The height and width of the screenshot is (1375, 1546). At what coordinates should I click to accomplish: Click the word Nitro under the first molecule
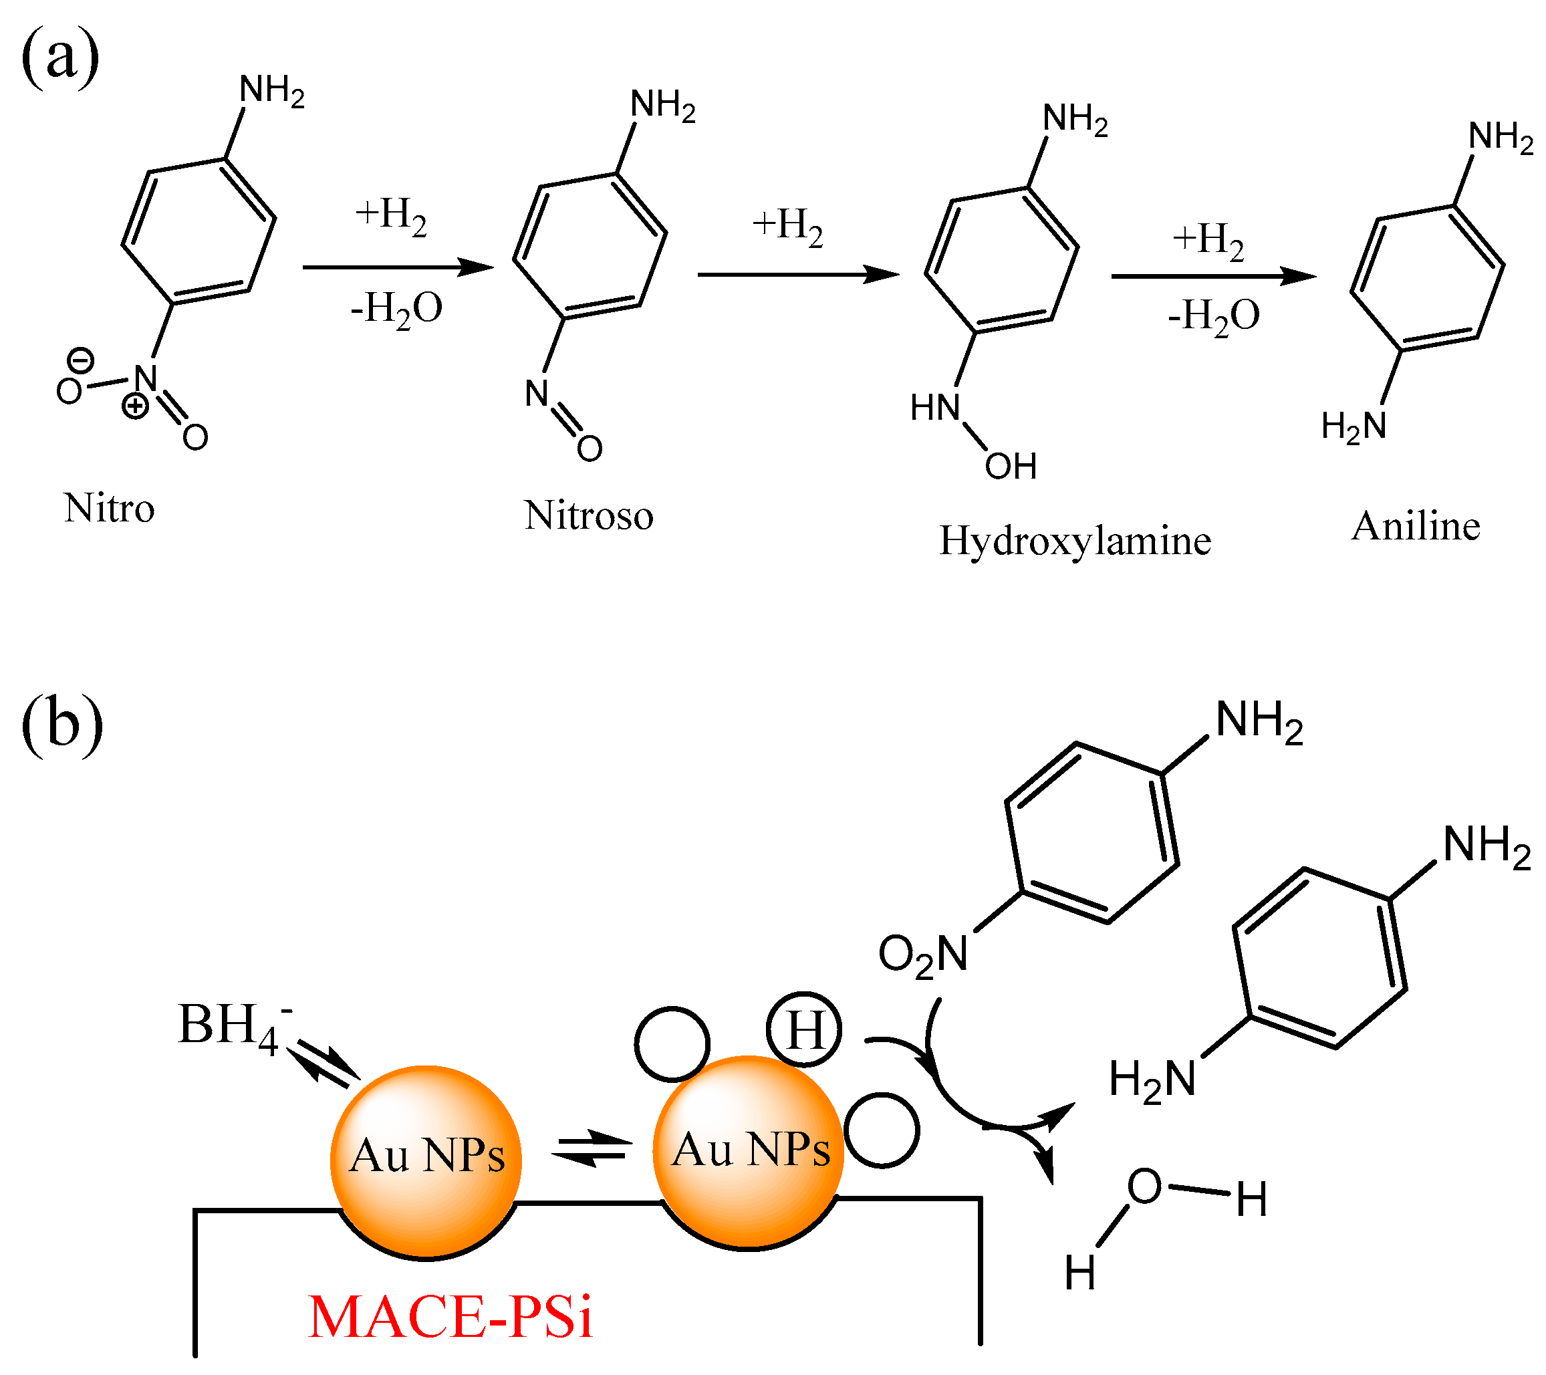(110, 509)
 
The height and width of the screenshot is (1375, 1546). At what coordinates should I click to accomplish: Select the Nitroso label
(588, 517)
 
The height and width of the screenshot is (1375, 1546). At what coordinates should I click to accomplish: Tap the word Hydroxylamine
(1075, 541)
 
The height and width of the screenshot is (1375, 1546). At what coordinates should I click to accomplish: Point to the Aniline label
(1415, 526)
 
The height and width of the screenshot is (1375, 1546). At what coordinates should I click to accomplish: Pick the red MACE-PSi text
(450, 1318)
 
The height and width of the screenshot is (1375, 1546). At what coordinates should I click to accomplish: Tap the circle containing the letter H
(803, 1030)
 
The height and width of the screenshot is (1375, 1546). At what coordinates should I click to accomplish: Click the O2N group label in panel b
(923, 955)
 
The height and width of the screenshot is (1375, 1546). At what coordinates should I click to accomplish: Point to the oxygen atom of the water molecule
(1144, 1186)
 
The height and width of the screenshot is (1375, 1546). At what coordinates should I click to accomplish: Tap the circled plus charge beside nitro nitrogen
(136, 406)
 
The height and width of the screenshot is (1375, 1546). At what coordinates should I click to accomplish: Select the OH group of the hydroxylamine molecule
(1011, 467)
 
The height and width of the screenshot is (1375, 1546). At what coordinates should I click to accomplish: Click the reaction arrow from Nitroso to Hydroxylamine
(798, 275)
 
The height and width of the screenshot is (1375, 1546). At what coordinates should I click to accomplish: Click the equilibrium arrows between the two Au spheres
(592, 1149)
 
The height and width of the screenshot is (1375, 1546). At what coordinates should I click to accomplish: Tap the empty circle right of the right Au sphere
(882, 1130)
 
